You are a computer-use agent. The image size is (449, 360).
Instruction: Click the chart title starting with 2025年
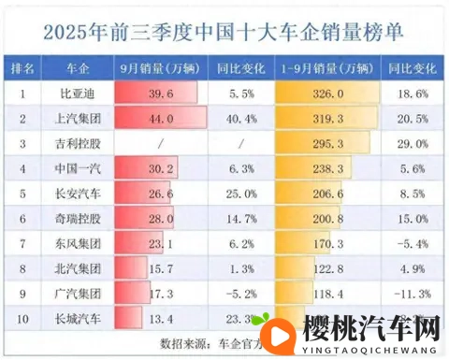coord(224,31)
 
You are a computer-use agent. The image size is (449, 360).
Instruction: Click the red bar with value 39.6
coord(155,95)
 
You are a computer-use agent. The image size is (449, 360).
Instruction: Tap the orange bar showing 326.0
coord(327,95)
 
